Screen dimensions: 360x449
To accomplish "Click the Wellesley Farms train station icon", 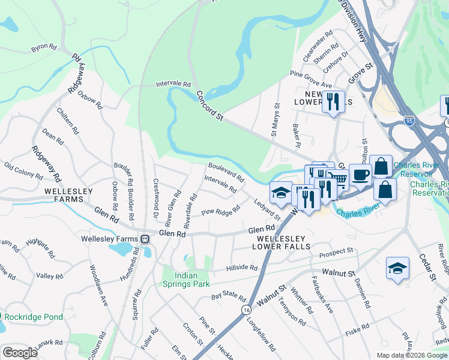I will (145, 239).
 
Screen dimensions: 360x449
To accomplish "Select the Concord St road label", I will (209, 106).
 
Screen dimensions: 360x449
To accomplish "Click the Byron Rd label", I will (44, 46).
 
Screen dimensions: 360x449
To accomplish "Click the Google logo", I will (20, 352).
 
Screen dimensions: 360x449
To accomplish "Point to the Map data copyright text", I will (412, 355).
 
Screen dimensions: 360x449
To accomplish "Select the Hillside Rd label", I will (241, 268).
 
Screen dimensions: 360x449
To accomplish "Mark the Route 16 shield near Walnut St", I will (246, 309).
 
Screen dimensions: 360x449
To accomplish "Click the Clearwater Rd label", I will (318, 47).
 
